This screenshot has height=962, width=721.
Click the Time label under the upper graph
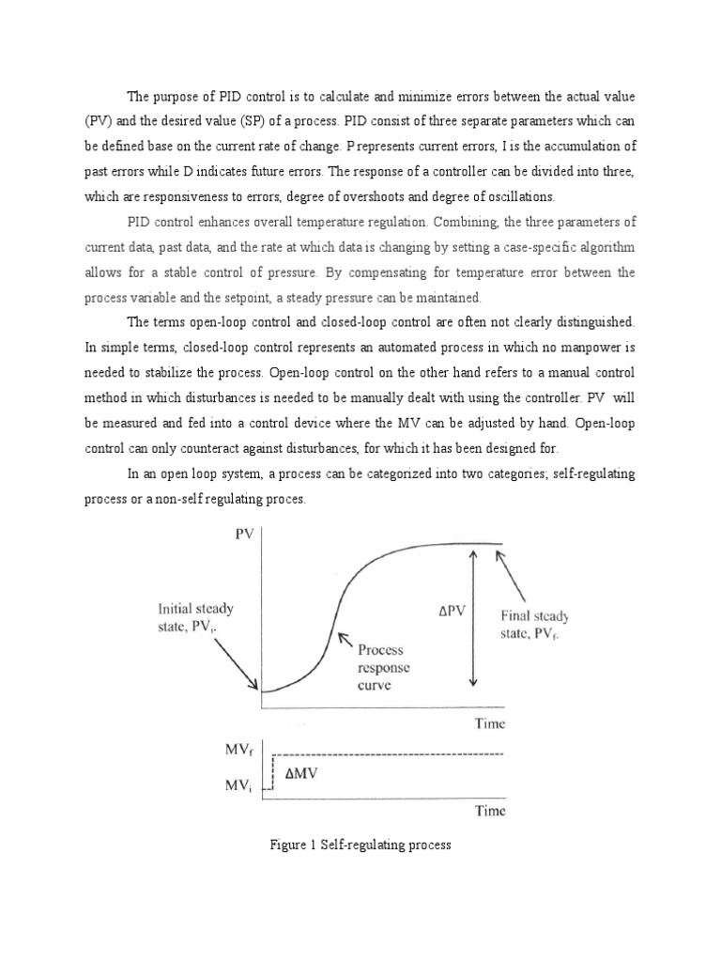(x=485, y=723)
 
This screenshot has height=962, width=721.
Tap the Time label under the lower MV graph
(x=485, y=811)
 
